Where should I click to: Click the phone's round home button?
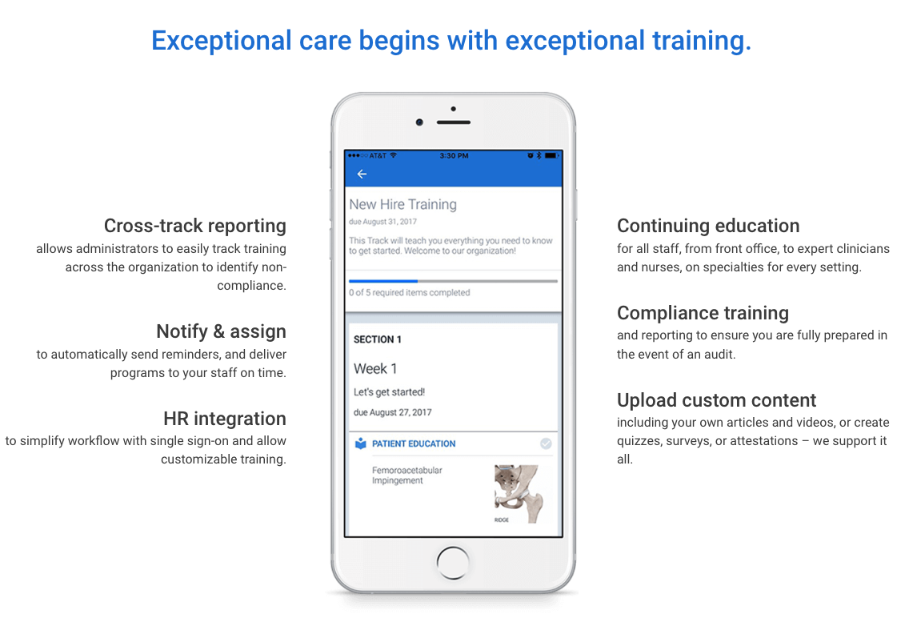coord(453,560)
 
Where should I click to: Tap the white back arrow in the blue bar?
coord(362,174)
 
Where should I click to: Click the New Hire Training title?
coord(402,204)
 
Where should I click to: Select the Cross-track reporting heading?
coord(195,226)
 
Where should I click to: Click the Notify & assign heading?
coord(221,331)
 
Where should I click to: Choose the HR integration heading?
coord(225,419)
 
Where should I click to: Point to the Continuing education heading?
coord(708,226)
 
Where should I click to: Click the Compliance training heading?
coord(703,313)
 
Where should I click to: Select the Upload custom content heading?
coord(716,400)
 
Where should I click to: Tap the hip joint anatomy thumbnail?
coord(518,493)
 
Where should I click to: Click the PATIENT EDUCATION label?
coord(414,443)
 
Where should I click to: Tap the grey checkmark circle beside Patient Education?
coord(546,443)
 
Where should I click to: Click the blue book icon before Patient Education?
coord(360,443)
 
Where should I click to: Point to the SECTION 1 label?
coord(378,339)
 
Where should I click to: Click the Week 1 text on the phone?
coord(375,369)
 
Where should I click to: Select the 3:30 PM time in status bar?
coord(454,155)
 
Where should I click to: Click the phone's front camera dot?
coord(419,122)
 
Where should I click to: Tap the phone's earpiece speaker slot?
coord(454,122)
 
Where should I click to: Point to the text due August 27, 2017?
coord(392,413)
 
